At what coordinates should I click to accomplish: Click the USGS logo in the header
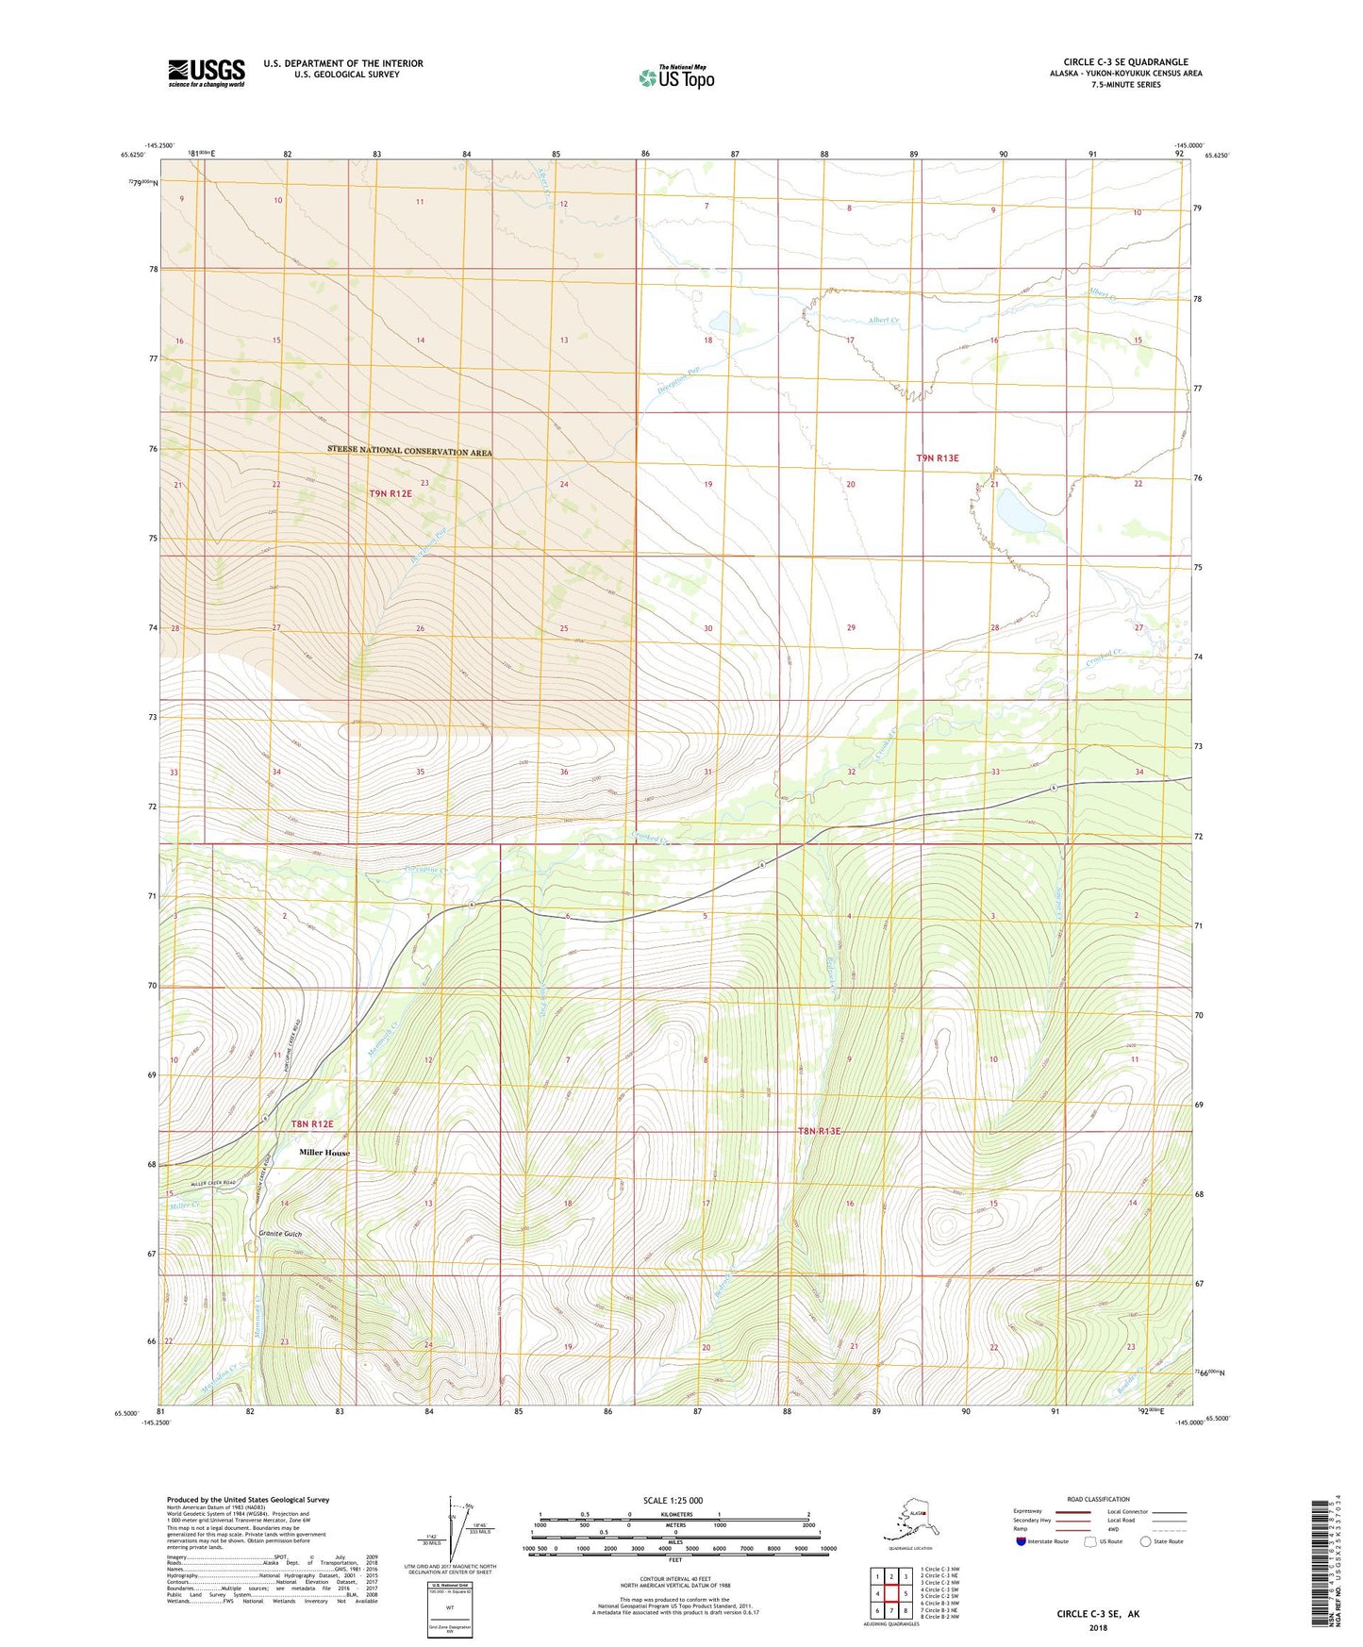click(x=206, y=73)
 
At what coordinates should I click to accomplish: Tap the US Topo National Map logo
click(x=675, y=76)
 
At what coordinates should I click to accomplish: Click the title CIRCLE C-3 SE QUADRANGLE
click(x=1125, y=62)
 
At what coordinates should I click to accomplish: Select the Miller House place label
click(x=324, y=1153)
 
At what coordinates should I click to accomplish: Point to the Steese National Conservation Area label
click(x=409, y=452)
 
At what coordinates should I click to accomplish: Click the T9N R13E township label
click(x=937, y=458)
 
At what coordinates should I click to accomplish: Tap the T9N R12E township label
click(x=391, y=493)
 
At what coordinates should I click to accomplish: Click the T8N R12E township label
click(x=311, y=1124)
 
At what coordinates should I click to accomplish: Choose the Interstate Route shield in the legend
click(x=1022, y=1541)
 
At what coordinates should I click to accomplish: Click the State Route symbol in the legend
click(x=1146, y=1541)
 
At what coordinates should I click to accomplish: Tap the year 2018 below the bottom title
click(x=1097, y=1627)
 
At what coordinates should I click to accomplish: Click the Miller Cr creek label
click(x=184, y=1206)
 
